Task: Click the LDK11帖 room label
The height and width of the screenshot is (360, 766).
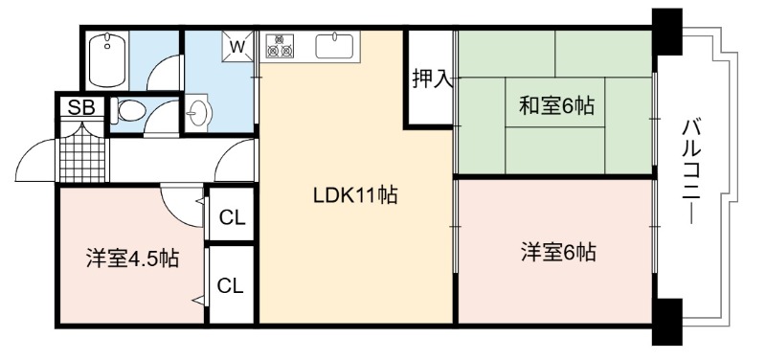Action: tap(354, 196)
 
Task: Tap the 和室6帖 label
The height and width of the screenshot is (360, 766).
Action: tap(556, 105)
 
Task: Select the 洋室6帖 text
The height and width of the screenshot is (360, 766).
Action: tap(557, 253)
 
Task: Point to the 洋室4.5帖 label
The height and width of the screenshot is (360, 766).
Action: tap(132, 259)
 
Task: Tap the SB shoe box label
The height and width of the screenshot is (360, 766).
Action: tap(81, 108)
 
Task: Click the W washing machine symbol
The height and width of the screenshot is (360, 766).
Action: tap(237, 47)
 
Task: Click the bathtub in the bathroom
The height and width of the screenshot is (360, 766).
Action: tap(108, 60)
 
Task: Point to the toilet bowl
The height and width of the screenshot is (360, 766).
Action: tap(128, 111)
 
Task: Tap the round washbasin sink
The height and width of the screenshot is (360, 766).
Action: tap(198, 113)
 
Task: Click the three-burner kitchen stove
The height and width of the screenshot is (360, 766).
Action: tap(280, 45)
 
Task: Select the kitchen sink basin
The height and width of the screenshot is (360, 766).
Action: tap(334, 46)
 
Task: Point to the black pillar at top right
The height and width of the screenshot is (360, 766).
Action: tap(666, 32)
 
